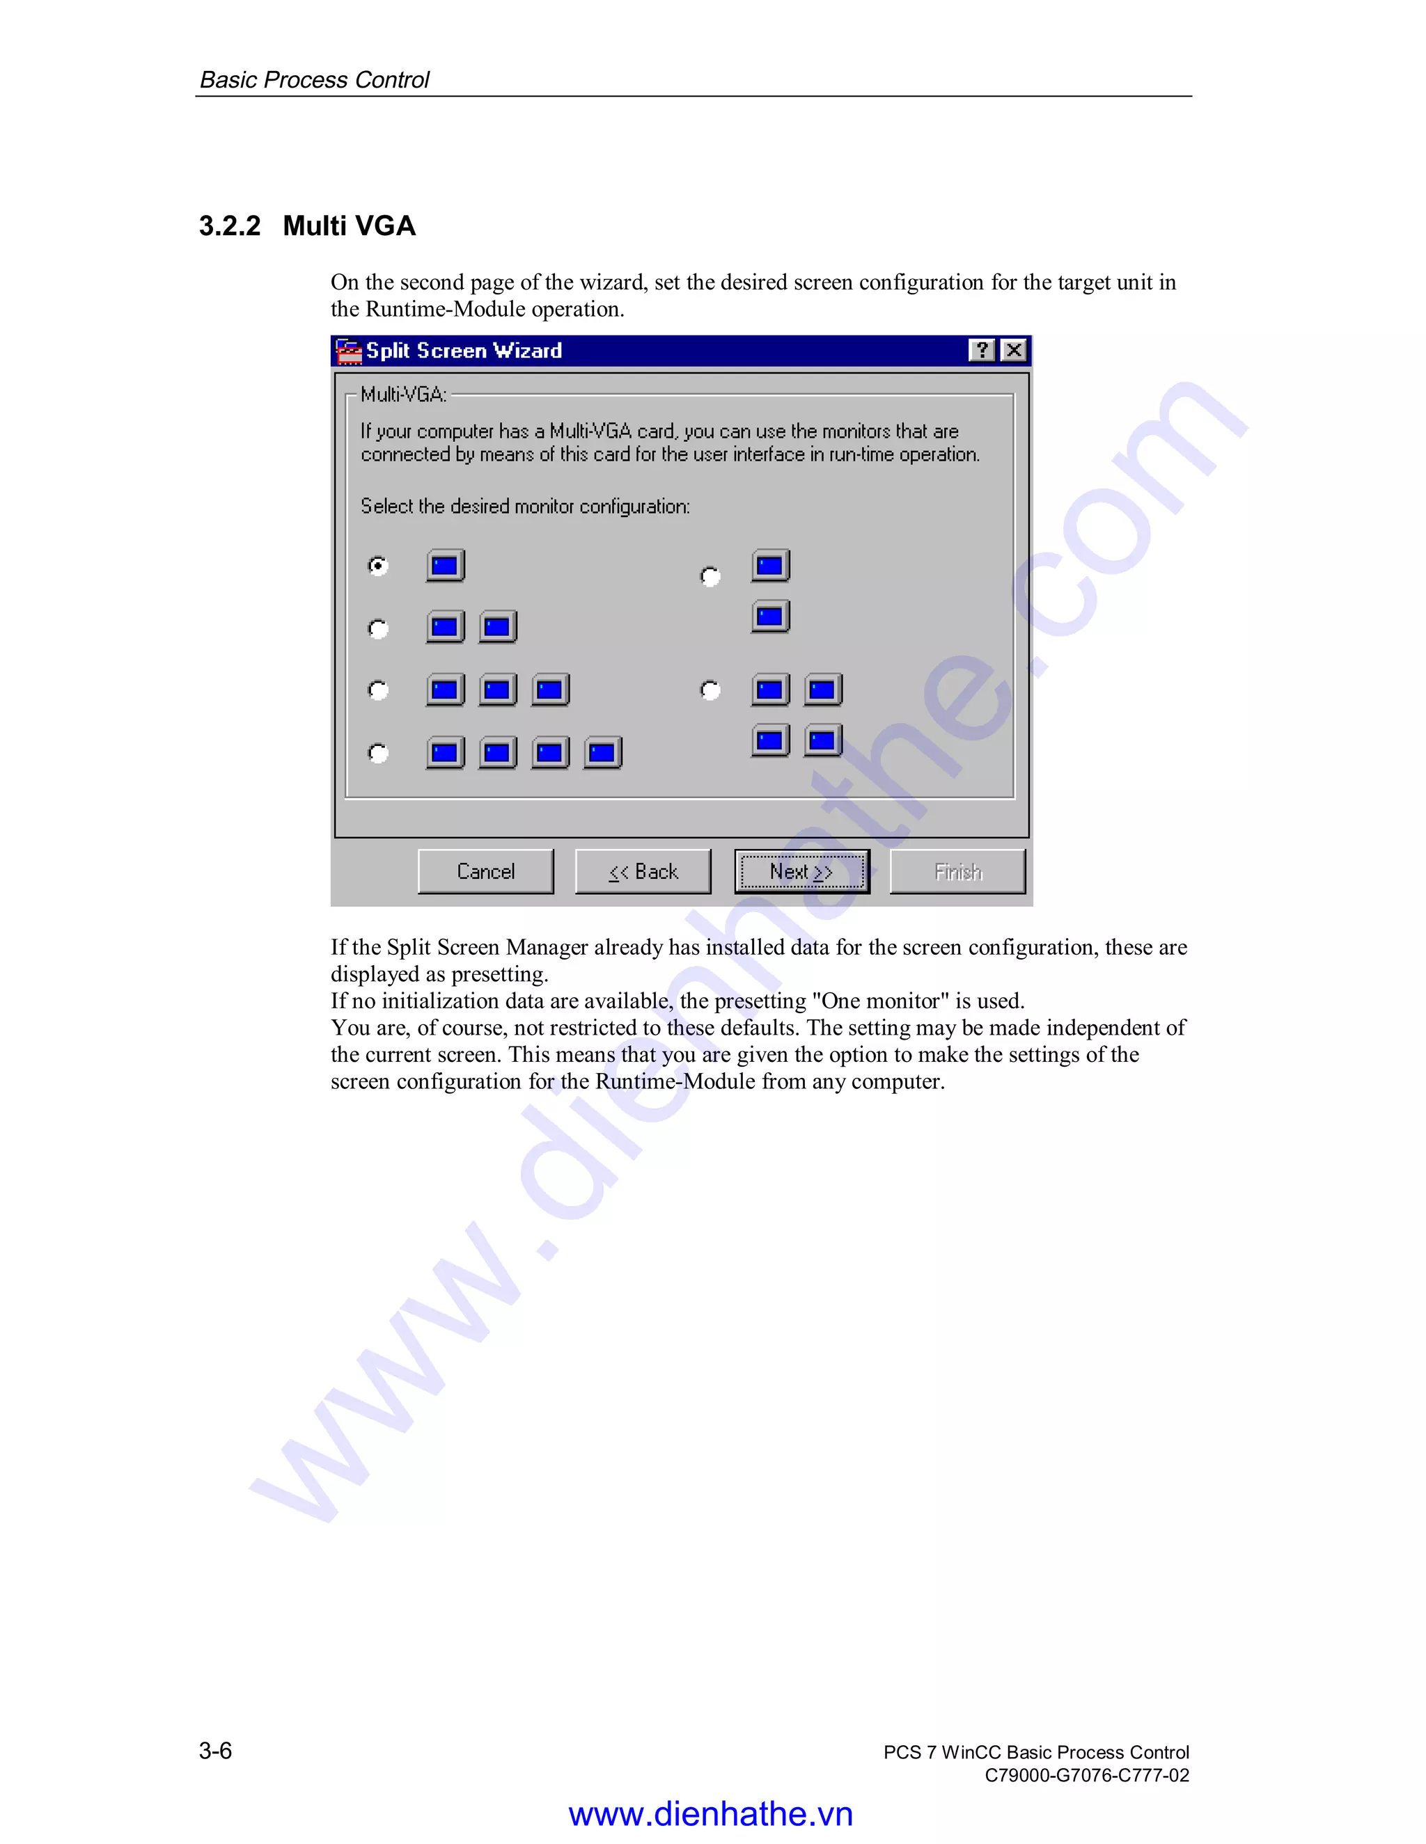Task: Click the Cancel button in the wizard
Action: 486,871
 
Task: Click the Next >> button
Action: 801,871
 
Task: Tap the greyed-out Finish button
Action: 957,871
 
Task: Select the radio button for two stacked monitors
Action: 710,576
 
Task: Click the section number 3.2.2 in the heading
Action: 230,226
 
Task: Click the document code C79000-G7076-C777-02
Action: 1086,1775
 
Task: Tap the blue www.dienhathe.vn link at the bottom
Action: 710,1813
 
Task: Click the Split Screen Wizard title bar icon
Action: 348,351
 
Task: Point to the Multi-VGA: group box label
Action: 403,395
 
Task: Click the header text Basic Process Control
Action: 314,79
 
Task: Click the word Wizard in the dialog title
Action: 527,351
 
